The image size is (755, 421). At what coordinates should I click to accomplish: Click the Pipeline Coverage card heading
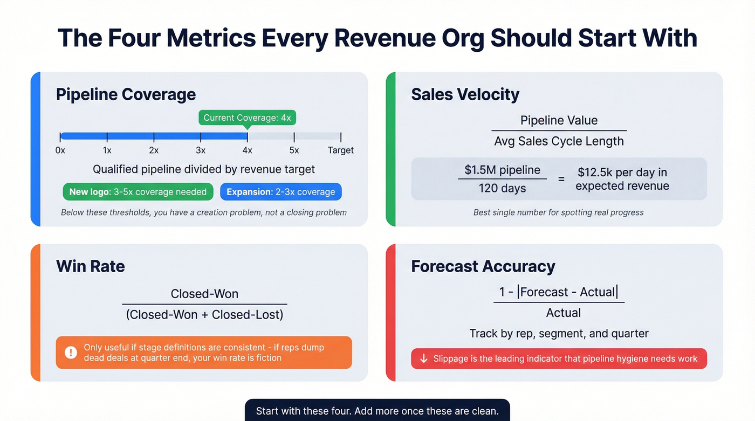[x=126, y=94]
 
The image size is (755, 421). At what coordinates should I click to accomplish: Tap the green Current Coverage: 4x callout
[x=247, y=118]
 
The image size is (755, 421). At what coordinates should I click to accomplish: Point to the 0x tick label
[x=60, y=150]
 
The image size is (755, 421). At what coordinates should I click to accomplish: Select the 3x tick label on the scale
[x=201, y=150]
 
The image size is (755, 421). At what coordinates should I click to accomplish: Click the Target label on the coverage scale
[x=341, y=150]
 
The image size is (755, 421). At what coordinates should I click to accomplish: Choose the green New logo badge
[x=138, y=192]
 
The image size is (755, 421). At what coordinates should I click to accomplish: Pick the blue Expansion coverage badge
[x=280, y=192]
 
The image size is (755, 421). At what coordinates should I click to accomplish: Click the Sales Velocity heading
[x=465, y=94]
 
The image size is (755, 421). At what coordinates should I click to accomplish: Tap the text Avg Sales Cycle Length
[x=559, y=141]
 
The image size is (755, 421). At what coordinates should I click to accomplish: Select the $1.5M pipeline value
[x=502, y=170]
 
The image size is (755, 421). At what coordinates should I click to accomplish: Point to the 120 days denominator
[x=502, y=188]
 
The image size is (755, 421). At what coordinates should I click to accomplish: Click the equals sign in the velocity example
[x=561, y=178]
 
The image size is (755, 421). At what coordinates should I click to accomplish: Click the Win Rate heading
[x=90, y=266]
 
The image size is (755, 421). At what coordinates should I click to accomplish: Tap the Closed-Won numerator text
[x=204, y=294]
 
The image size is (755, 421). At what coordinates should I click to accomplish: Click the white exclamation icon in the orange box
[x=71, y=353]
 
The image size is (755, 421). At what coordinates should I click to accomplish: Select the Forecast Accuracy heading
[x=483, y=266]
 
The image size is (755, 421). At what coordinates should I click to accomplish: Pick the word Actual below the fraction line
[x=563, y=313]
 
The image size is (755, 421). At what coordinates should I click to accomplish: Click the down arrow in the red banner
[x=424, y=358]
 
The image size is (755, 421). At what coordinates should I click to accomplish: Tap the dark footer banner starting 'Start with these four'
[x=377, y=411]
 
